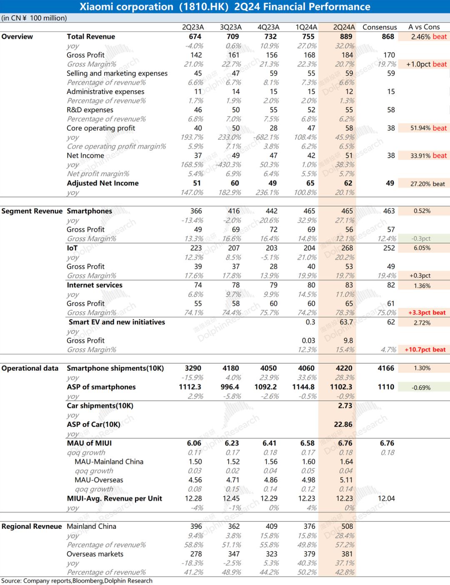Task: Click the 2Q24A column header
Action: click(344, 27)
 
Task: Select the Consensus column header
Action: click(380, 27)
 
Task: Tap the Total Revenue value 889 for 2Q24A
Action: click(345, 37)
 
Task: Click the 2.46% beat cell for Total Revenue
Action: click(424, 37)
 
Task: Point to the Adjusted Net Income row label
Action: click(102, 183)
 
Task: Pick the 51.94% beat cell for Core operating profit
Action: click(424, 128)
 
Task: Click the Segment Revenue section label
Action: click(32, 211)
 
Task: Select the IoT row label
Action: click(72, 248)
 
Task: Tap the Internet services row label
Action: click(95, 285)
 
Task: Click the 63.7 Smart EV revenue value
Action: click(346, 322)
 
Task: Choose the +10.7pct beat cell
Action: click(425, 350)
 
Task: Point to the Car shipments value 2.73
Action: click(345, 406)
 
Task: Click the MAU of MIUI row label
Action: click(89, 443)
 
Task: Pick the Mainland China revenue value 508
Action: click(347, 526)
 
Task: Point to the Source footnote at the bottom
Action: click(77, 581)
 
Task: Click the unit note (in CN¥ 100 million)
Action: click(34, 18)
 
